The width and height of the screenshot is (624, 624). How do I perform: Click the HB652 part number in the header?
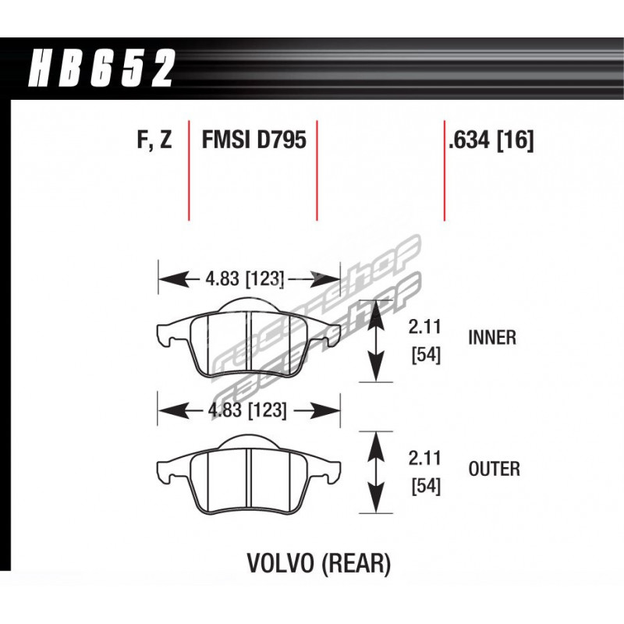tap(101, 68)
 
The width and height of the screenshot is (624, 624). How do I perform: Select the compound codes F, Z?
tap(154, 140)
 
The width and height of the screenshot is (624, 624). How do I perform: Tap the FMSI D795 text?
tap(254, 140)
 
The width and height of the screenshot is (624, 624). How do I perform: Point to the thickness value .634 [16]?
tap(491, 140)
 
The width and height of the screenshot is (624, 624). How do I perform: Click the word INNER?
tap(492, 338)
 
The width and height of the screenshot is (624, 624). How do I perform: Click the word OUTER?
tap(495, 469)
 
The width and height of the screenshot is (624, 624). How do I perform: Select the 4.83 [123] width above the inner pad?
tap(245, 278)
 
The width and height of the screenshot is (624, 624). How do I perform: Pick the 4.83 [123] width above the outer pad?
tap(247, 410)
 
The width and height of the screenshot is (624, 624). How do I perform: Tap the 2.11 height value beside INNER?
tap(424, 327)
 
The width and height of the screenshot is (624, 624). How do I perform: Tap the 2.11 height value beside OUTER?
tap(424, 459)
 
